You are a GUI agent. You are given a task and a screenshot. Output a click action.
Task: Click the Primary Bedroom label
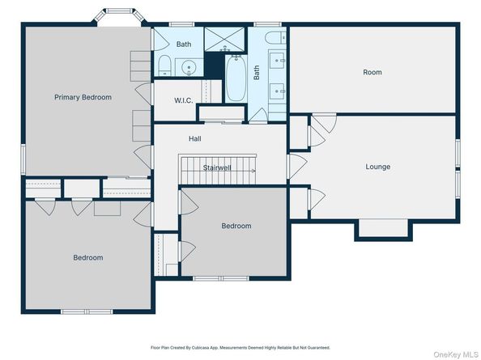pos(83,97)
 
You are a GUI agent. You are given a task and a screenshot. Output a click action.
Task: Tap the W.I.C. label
pos(184,100)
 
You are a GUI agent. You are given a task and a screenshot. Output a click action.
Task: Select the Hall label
pos(195,139)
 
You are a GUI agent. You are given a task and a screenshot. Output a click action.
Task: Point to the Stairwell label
pos(217,167)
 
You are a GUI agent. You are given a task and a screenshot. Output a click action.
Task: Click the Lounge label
pos(378,167)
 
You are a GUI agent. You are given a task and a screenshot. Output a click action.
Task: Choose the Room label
pos(372,72)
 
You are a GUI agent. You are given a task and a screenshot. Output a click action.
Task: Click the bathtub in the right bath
pos(236,78)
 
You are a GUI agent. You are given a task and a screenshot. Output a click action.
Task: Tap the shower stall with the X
pos(224,39)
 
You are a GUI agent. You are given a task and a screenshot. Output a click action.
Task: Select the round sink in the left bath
pos(188,67)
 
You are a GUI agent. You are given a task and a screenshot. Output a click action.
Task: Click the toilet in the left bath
pos(164,66)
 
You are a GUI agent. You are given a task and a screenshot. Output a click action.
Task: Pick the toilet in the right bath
pos(275,38)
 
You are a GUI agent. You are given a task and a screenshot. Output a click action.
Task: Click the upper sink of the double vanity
pos(277,61)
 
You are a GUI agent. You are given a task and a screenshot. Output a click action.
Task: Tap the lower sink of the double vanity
pos(277,91)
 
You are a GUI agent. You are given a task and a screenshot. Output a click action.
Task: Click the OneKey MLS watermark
pos(456,354)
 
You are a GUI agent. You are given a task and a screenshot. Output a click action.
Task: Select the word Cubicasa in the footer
pos(200,348)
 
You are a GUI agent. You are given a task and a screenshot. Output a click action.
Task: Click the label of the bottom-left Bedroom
pos(88,258)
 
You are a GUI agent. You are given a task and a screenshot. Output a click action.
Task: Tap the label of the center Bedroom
pos(236,226)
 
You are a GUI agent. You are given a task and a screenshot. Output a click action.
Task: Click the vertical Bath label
pos(257,72)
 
